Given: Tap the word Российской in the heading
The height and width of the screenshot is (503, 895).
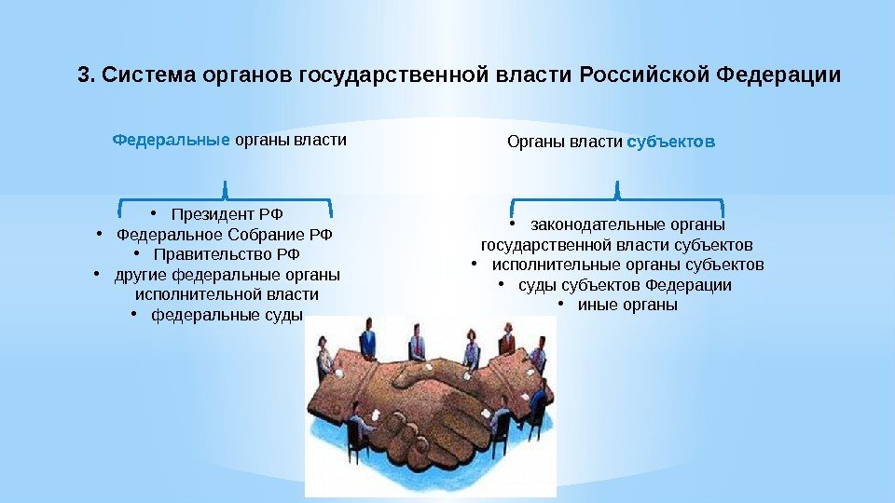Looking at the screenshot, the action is tap(644, 75).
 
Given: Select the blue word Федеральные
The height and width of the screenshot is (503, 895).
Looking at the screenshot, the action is tap(172, 140).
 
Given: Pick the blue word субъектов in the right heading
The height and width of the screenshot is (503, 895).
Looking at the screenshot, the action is tap(670, 142).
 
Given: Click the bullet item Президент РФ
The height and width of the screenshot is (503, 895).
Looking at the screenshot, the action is tap(227, 214).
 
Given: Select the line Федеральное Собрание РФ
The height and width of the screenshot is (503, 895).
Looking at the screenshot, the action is tap(225, 235).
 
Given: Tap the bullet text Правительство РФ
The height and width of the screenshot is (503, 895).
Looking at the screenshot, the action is tap(227, 253).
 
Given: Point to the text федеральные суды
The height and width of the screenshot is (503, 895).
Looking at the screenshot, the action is tap(227, 315).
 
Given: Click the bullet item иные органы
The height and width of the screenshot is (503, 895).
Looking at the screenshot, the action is tap(627, 305).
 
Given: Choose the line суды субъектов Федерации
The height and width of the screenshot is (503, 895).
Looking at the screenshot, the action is tap(625, 285).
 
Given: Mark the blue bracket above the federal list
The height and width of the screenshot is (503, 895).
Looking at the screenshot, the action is tap(226, 199).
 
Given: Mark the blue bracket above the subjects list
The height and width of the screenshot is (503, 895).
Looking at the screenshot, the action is tap(617, 199).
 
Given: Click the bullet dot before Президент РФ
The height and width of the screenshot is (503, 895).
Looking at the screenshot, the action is tap(154, 213).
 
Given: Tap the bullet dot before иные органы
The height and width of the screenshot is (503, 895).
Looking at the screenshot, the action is tap(561, 304).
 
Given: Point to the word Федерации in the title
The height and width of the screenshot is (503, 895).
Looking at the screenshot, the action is tap(778, 75).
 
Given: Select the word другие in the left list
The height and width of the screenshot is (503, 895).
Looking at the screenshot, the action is tap(141, 275).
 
